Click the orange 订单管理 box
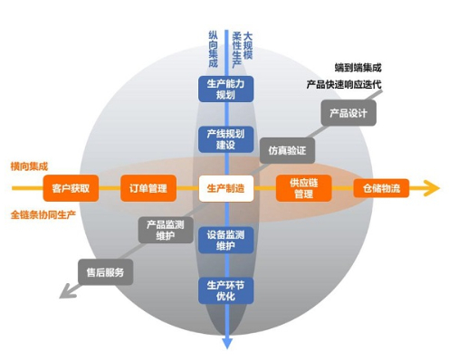click(x=145, y=188)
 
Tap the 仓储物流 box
click(x=380, y=188)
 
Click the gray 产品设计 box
click(x=349, y=114)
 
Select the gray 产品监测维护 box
click(x=164, y=228)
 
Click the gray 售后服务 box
click(x=105, y=270)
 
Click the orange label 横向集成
click(x=28, y=166)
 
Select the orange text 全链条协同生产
click(x=43, y=214)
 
